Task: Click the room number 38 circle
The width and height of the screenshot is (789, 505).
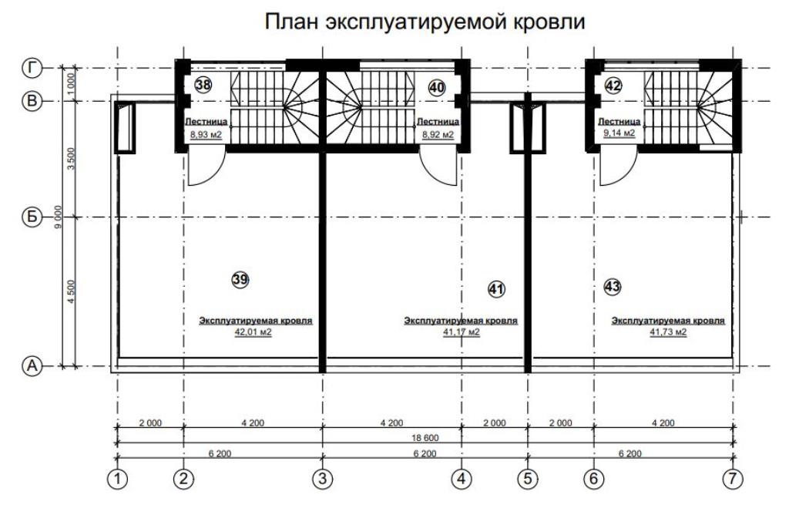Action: coord(203,85)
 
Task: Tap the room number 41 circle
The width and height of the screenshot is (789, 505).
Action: coord(496,289)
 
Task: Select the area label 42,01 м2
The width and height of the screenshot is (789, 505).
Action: coord(253,332)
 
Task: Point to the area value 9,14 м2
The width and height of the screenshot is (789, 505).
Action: coord(619,133)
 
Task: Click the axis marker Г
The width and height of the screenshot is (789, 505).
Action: coord(32,68)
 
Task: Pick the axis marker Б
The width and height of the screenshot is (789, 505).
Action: coord(32,217)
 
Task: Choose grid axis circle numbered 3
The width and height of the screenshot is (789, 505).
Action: coord(323,478)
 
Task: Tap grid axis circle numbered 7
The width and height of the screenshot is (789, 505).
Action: coord(733,478)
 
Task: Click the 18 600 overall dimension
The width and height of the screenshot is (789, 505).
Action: coord(425,438)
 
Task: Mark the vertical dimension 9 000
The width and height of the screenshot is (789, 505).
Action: coord(59,217)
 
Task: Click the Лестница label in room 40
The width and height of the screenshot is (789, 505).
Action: coord(438,121)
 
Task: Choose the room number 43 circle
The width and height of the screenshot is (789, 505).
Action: coord(612,287)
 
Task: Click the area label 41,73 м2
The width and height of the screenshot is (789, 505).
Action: coord(668,332)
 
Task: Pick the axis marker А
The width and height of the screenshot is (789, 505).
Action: coord(32,366)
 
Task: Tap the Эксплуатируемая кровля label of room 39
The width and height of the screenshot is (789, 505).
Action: coord(256,321)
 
